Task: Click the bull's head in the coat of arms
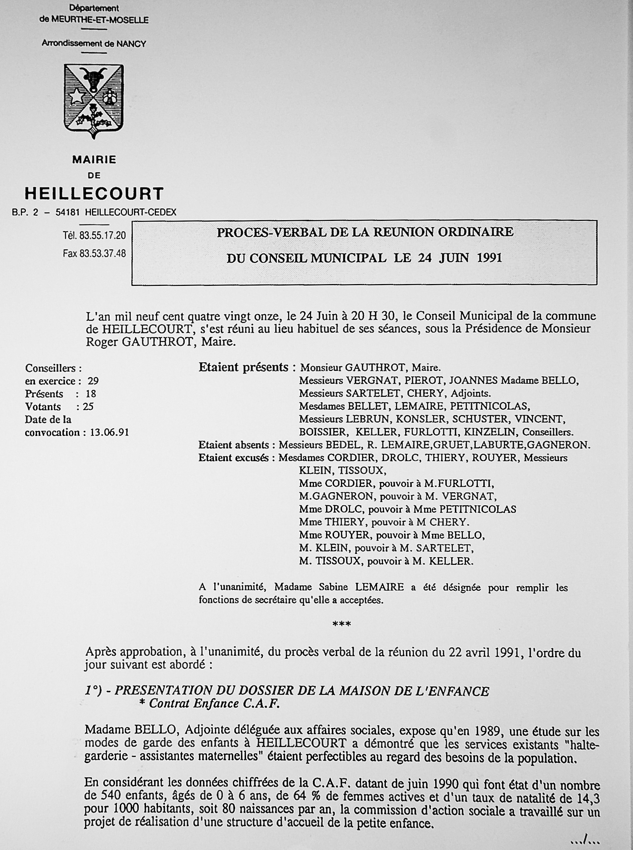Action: click(93, 79)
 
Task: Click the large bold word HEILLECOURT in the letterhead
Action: click(94, 194)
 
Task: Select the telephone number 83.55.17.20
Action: click(102, 235)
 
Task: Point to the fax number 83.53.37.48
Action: click(102, 253)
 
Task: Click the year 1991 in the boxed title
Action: click(489, 257)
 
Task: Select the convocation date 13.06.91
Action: click(109, 432)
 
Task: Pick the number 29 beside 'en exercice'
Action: click(93, 381)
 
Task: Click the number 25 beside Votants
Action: click(88, 407)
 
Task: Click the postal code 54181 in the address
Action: click(68, 212)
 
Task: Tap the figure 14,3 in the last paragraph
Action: click(587, 798)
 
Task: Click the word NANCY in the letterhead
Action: click(131, 44)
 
